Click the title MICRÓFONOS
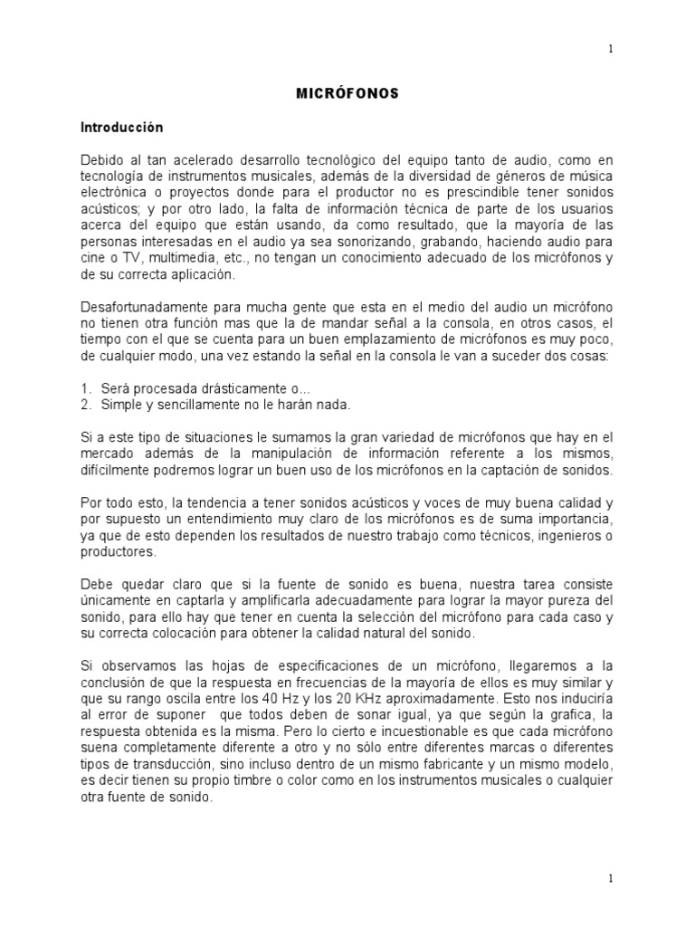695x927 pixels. coord(347,94)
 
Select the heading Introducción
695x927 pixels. coord(122,129)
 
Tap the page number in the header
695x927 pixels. coord(611,50)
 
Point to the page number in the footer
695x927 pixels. coord(611,877)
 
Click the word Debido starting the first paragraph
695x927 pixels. coord(103,160)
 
